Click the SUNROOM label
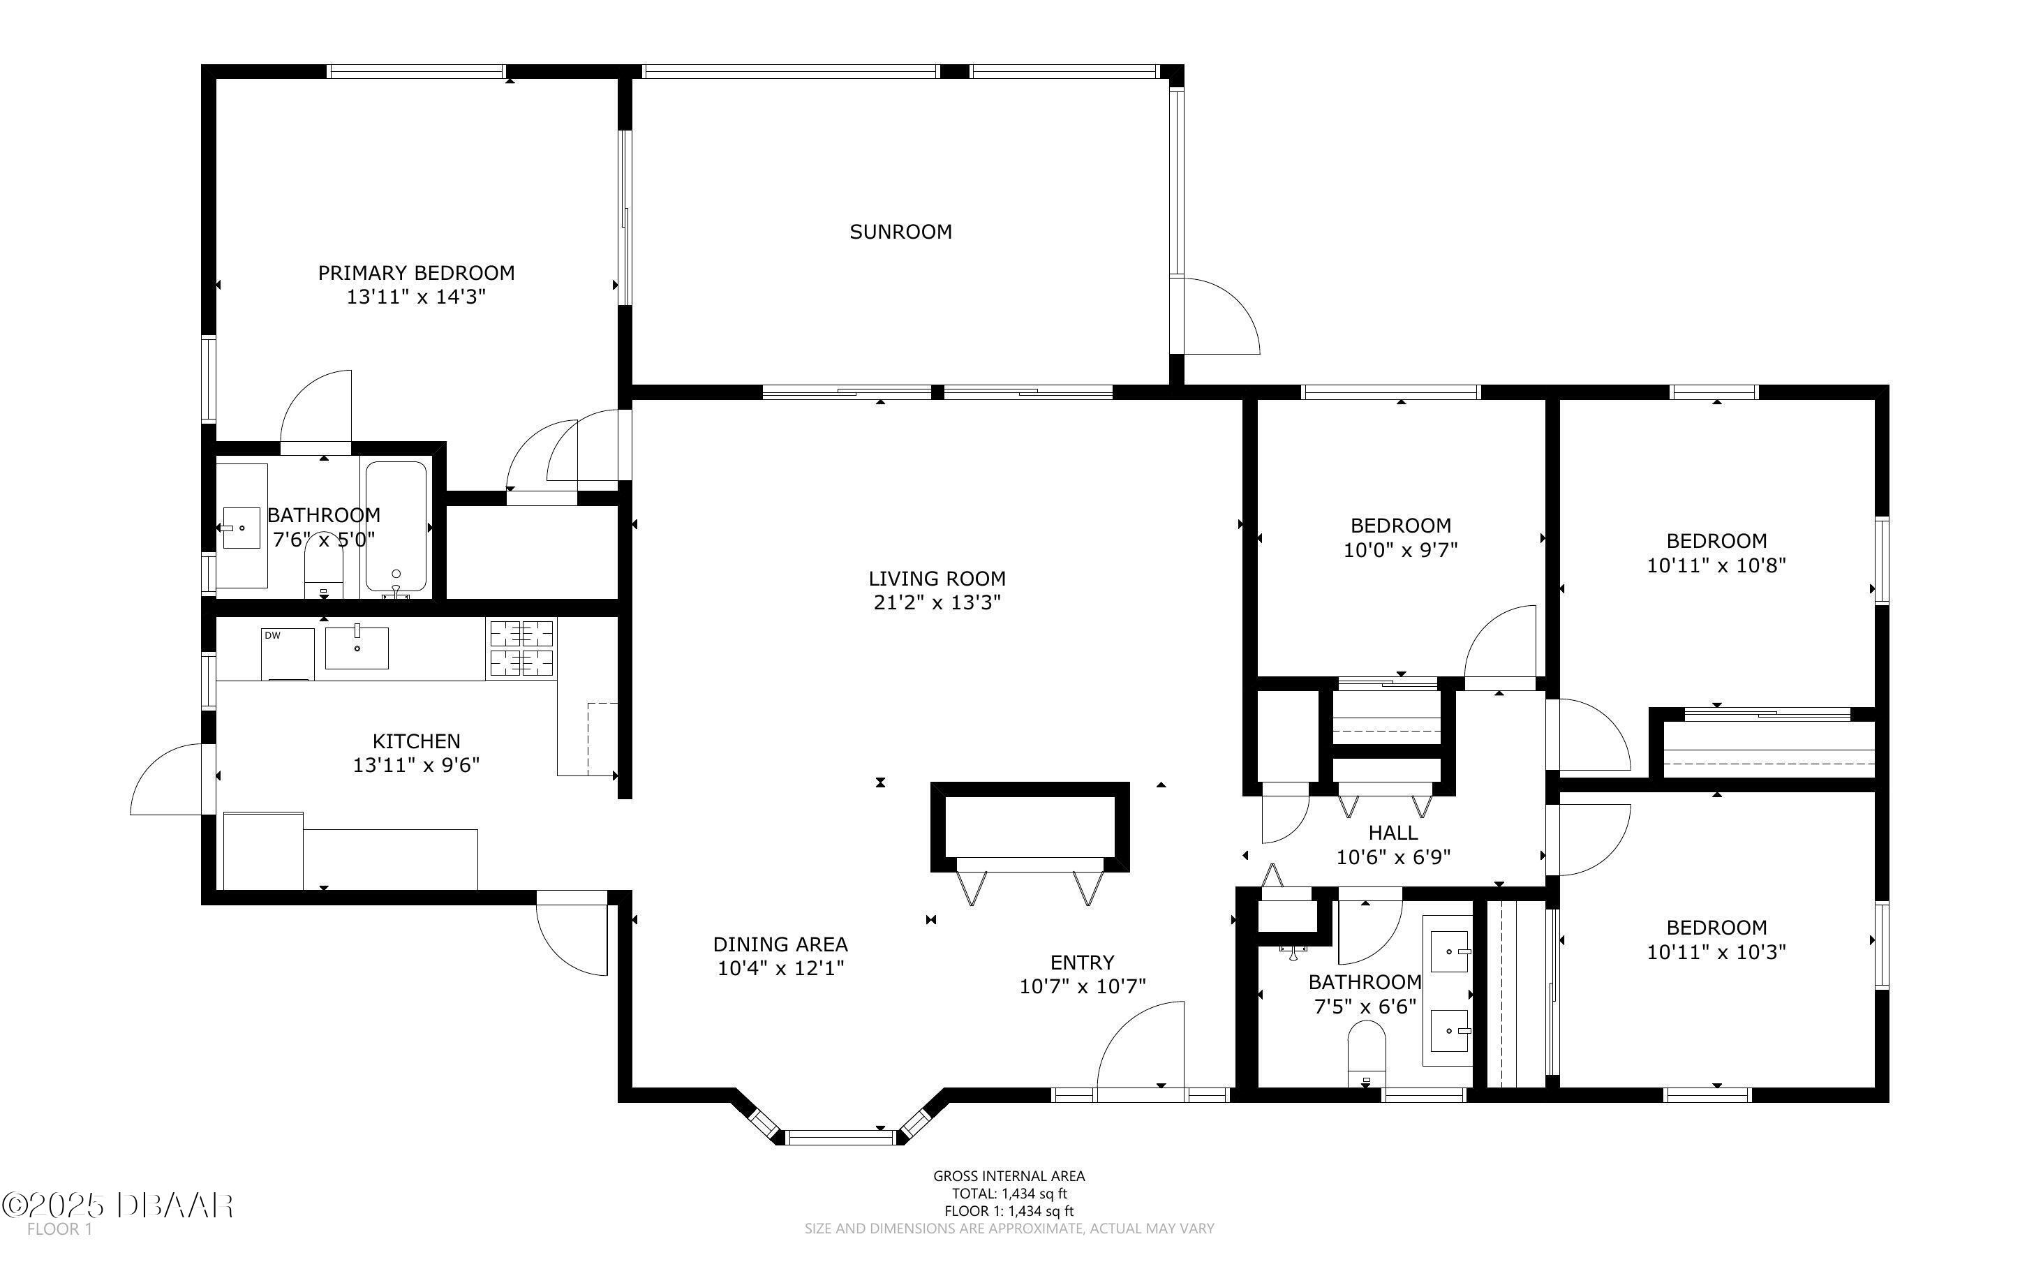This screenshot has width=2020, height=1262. click(900, 232)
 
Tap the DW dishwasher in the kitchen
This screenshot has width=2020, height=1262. click(287, 654)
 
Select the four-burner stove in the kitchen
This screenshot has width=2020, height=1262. click(521, 648)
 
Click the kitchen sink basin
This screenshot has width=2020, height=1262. click(356, 648)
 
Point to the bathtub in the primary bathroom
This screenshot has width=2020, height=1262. click(396, 529)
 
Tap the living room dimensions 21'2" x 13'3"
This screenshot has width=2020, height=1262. click(937, 602)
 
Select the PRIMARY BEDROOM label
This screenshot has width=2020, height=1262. click(416, 273)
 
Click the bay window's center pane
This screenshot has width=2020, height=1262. click(840, 1137)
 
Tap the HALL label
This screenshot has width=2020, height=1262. click(1393, 833)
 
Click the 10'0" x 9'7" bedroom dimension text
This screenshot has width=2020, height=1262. click(1400, 550)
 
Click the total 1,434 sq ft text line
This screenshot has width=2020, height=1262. click(1009, 1194)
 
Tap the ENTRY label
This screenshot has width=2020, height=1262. click(1082, 963)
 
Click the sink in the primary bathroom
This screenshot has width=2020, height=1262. click(241, 528)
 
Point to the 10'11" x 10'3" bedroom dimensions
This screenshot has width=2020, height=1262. click(1716, 951)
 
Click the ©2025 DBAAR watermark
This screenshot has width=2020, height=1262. click(118, 1205)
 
